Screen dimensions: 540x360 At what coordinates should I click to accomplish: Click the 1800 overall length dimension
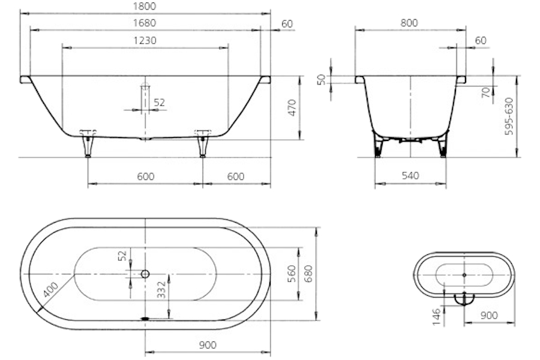(144, 6)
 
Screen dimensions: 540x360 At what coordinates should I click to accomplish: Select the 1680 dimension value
(144, 23)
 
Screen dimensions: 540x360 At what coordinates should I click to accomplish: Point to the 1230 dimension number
(145, 41)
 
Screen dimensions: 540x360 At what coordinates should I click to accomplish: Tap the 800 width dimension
(409, 23)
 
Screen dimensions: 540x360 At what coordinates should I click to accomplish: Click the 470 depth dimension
(292, 107)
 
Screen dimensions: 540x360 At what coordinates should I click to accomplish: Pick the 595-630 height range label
(509, 116)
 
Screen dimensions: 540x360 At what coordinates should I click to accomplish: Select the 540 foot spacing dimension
(410, 176)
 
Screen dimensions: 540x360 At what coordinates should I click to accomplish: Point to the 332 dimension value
(161, 290)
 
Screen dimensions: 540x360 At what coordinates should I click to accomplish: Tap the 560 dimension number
(292, 274)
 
